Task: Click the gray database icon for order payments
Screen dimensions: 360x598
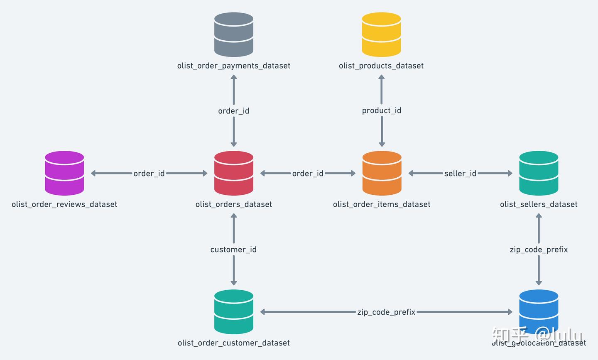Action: pos(234,34)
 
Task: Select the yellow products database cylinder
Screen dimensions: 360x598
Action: pos(381,34)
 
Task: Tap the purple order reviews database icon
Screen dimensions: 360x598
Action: pos(64,173)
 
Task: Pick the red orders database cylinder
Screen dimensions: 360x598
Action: pos(234,173)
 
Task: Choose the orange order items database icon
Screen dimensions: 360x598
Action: pos(382,173)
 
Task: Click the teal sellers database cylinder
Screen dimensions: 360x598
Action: pos(539,173)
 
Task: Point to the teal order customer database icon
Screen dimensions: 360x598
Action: pos(234,312)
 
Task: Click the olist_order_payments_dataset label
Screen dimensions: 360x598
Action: pos(234,66)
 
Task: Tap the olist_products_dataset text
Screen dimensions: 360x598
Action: pos(381,66)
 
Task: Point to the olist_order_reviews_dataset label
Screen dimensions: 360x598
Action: pos(64,204)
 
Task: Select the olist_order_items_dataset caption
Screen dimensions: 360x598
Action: pos(382,204)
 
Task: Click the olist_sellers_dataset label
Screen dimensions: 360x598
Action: pos(539,204)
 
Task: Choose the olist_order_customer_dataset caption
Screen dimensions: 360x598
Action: pos(234,343)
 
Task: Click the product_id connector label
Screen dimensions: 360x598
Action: pos(382,110)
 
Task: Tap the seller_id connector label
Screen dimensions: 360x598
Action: pos(460,174)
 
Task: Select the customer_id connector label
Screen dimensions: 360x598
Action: pos(233,250)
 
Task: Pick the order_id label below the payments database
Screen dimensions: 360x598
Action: pos(234,111)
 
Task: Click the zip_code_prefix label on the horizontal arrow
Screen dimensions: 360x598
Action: pos(386,312)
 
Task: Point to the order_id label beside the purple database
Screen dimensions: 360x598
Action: pos(149,174)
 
